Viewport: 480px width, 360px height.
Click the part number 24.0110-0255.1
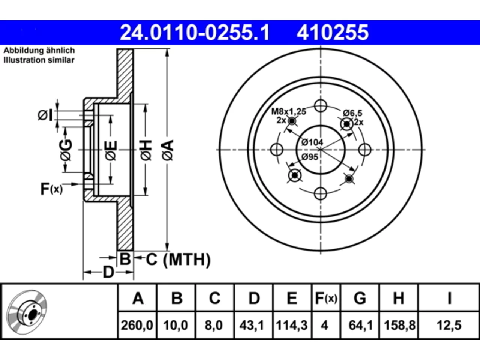coord(195,33)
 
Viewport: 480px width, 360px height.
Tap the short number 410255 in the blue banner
coord(333,33)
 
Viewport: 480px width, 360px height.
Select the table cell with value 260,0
coord(137,325)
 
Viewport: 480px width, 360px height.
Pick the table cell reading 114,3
coord(292,325)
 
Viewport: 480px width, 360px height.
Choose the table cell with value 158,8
coord(399,325)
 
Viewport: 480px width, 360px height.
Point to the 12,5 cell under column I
coord(449,325)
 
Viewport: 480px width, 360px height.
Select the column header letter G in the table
coord(360,298)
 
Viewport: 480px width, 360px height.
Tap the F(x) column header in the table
coord(326,298)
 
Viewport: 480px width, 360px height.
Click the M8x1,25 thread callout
coord(289,112)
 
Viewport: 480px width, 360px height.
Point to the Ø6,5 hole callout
coord(352,113)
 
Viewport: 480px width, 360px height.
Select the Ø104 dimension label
coord(312,142)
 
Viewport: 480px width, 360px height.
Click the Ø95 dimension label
coord(310,157)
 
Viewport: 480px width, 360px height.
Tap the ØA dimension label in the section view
coord(168,151)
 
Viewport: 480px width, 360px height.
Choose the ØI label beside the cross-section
coord(45,115)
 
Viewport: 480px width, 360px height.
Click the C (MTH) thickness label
coord(178,259)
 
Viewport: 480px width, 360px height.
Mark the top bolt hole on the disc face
coord(321,106)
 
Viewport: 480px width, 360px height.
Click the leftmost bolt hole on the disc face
coord(277,150)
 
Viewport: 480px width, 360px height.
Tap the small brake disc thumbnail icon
coord(27,312)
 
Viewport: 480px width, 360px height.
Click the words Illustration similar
coord(39,60)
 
